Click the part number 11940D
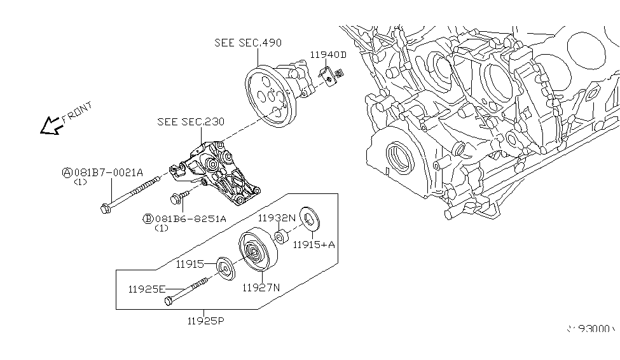coord(328,55)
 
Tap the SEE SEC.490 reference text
coord(248,43)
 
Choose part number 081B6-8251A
coord(189,218)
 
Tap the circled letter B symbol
coord(148,218)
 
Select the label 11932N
coord(277,218)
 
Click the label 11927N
coord(261,287)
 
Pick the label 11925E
coord(147,289)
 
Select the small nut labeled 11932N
coord(282,239)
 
